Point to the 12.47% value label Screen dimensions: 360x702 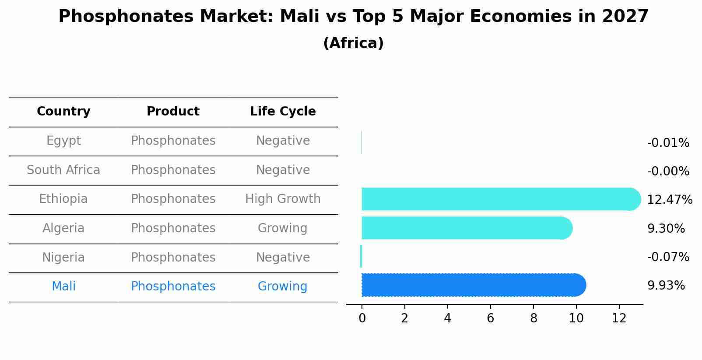pyautogui.click(x=669, y=200)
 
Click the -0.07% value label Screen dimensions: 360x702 pyautogui.click(x=668, y=257)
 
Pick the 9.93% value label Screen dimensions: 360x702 pyautogui.click(x=666, y=286)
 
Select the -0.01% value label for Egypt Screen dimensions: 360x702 pyautogui.click(x=668, y=143)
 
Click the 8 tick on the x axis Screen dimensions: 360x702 pyautogui.click(x=533, y=318)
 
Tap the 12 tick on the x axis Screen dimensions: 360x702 pyautogui.click(x=619, y=318)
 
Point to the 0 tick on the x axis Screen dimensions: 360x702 pyautogui.click(x=362, y=318)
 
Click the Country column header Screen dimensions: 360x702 pyautogui.click(x=63, y=112)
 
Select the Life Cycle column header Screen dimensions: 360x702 pyautogui.click(x=283, y=112)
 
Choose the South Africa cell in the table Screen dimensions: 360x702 pyautogui.click(x=63, y=170)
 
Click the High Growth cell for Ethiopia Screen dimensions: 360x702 pyautogui.click(x=283, y=199)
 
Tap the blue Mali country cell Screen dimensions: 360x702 pyautogui.click(x=63, y=287)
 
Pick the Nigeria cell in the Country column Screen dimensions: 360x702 pyautogui.click(x=63, y=257)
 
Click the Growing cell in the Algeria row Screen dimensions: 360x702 pyautogui.click(x=282, y=228)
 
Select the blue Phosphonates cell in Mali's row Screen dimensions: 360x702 pyautogui.click(x=173, y=287)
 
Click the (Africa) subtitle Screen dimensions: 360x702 pyautogui.click(x=353, y=43)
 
